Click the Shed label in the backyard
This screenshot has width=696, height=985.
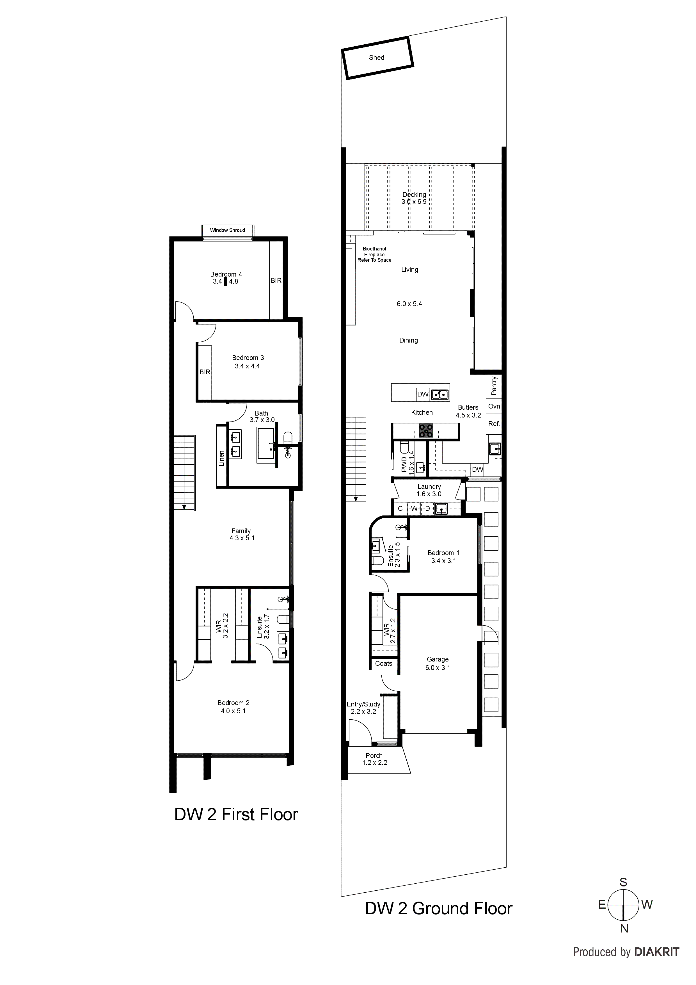pyautogui.click(x=377, y=58)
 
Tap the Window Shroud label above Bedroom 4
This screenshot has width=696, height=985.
pyautogui.click(x=227, y=230)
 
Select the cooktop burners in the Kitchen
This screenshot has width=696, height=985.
pyautogui.click(x=426, y=431)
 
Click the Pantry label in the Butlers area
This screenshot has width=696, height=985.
pyautogui.click(x=494, y=386)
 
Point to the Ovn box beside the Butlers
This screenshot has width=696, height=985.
pyautogui.click(x=494, y=406)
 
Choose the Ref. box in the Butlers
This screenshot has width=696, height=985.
pyautogui.click(x=494, y=424)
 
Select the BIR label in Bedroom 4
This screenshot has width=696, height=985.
pyautogui.click(x=276, y=281)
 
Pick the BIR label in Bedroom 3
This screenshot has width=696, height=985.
pyautogui.click(x=205, y=372)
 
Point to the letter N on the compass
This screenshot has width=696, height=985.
pyautogui.click(x=624, y=941)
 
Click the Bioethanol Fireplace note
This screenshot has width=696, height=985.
pyautogui.click(x=374, y=254)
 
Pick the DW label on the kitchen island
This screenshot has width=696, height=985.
pyautogui.click(x=423, y=394)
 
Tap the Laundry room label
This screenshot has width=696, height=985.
pyautogui.click(x=429, y=487)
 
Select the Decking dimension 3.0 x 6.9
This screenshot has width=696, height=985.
pyautogui.click(x=414, y=202)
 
